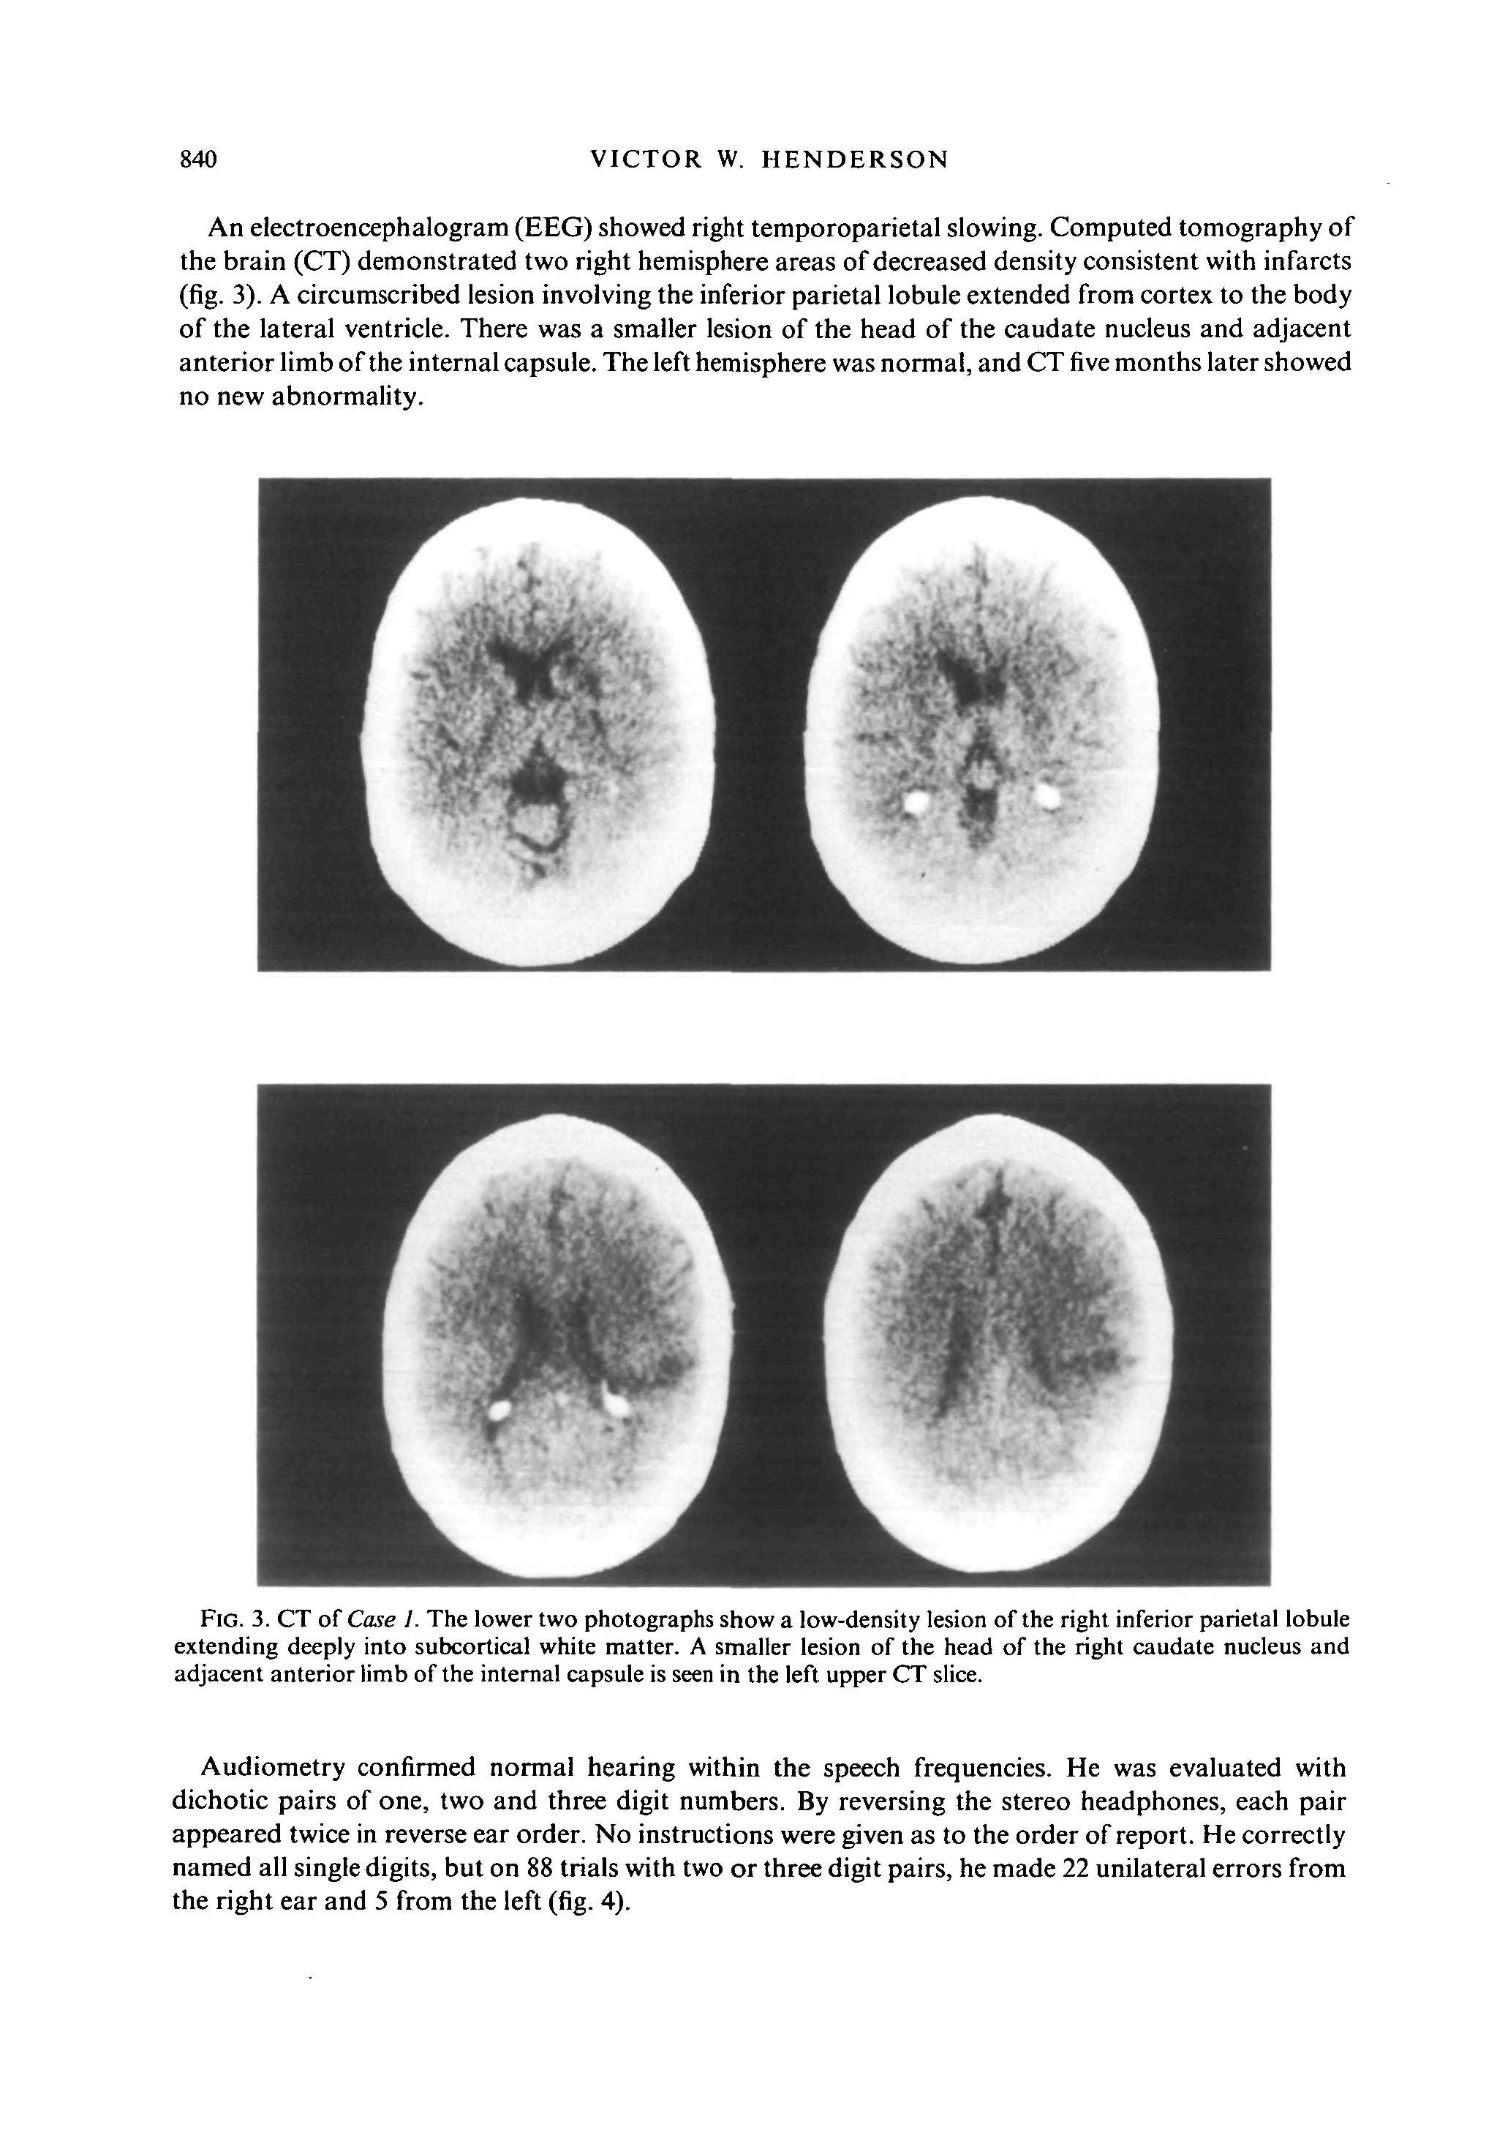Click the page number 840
197,160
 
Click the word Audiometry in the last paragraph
272,1767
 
